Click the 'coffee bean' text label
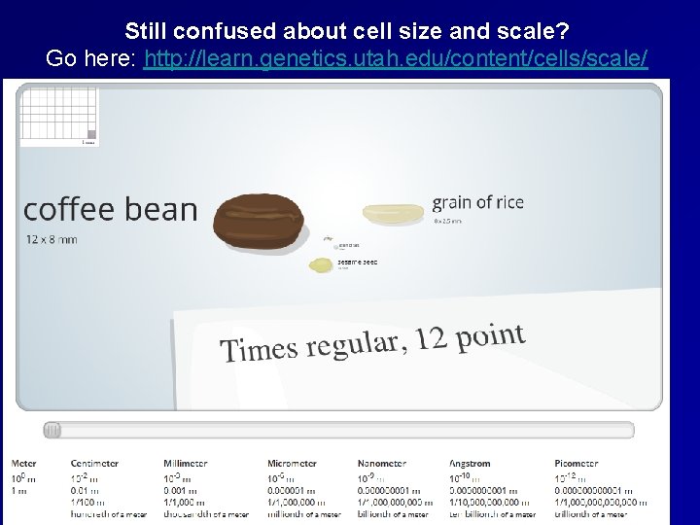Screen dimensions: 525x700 coord(110,209)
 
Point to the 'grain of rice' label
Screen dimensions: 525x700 coord(477,202)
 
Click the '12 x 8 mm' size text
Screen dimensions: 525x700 coord(52,239)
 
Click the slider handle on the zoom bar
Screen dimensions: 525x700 coord(52,430)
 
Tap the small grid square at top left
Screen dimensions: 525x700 coord(58,115)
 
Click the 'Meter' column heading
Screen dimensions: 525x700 coord(26,464)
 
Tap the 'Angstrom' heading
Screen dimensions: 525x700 coord(472,464)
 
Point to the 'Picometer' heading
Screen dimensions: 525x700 coord(577,464)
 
